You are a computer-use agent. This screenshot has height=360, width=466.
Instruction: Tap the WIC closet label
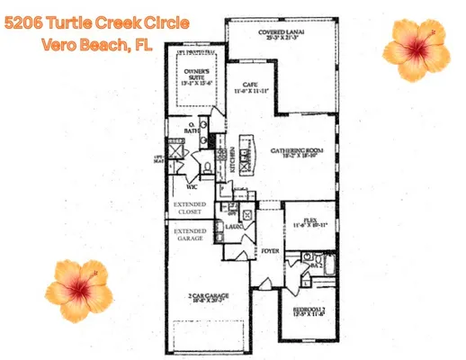193,188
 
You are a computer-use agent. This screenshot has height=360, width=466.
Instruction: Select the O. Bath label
191,128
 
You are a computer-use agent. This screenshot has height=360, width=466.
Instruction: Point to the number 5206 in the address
25,22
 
